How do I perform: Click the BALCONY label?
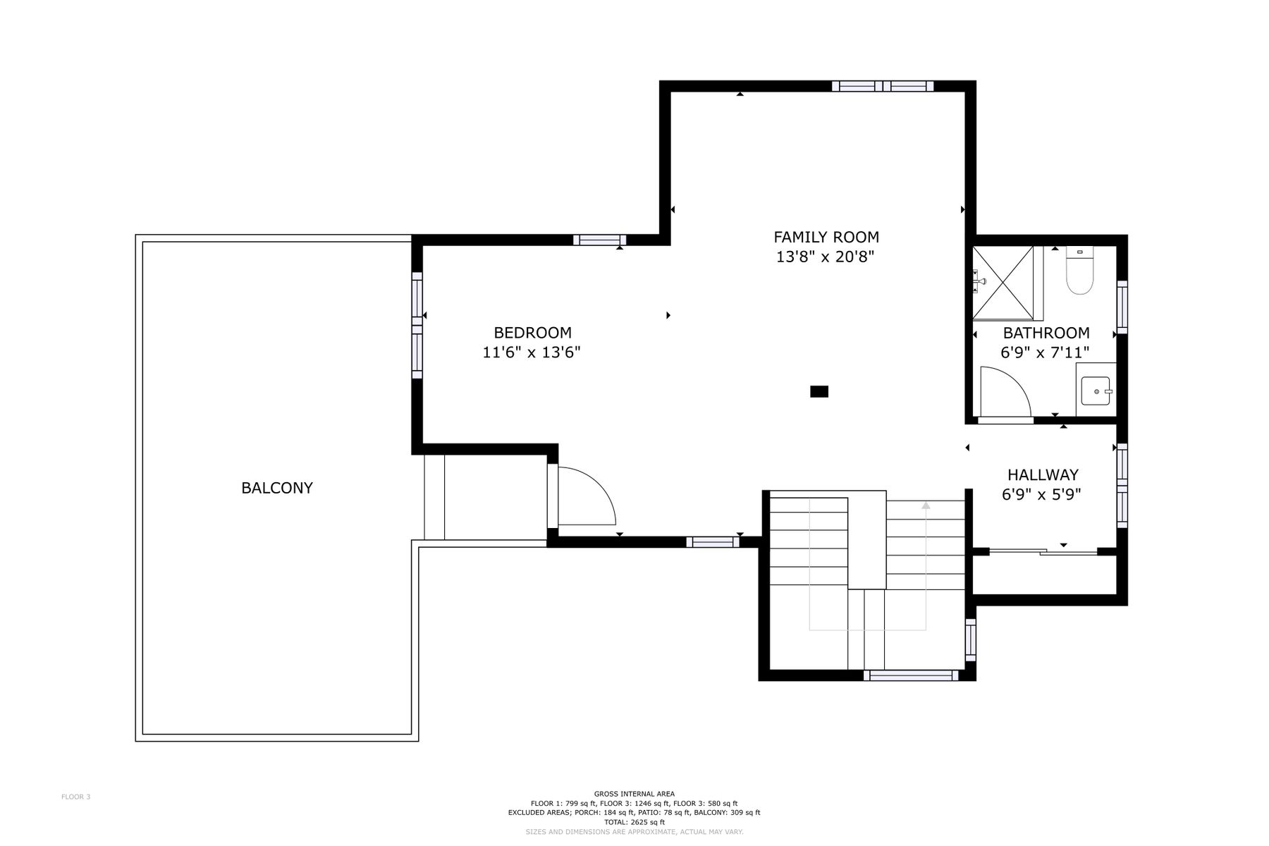click(277, 488)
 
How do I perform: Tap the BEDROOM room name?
click(532, 333)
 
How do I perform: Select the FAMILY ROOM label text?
click(826, 238)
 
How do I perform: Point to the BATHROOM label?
click(1046, 333)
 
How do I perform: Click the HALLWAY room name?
click(1043, 475)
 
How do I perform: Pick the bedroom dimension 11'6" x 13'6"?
click(532, 352)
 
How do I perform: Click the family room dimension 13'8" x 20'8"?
click(826, 257)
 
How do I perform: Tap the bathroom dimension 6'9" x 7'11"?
click(1046, 352)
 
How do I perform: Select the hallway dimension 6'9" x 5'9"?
click(1042, 495)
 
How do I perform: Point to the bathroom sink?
click(1096, 390)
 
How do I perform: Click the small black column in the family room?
click(819, 391)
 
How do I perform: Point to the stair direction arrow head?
click(926, 505)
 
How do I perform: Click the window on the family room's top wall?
click(883, 86)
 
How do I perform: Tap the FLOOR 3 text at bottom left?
click(76, 797)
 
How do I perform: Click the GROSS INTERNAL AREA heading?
click(634, 794)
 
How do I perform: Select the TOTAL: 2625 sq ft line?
click(634, 822)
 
